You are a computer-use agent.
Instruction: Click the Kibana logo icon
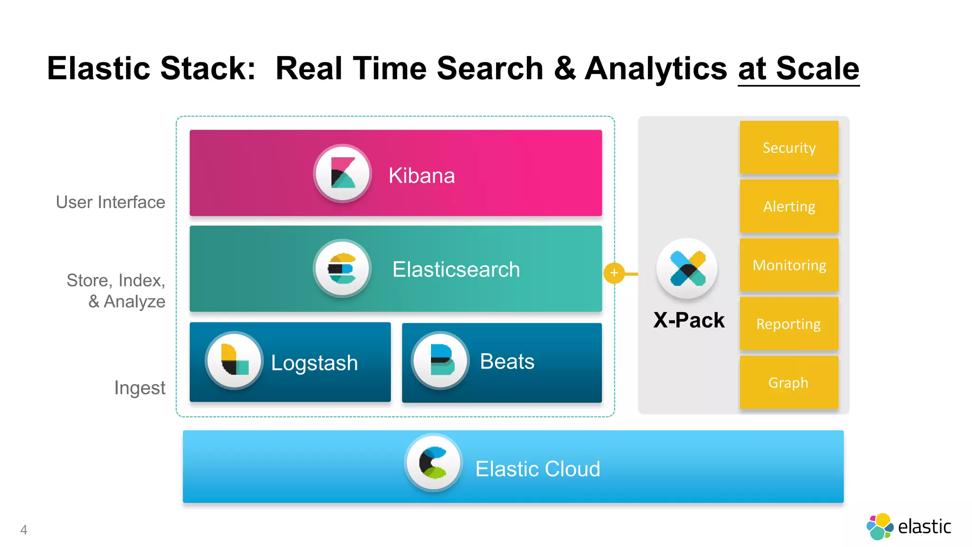click(x=342, y=173)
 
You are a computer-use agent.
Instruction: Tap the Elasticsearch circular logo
click(x=342, y=269)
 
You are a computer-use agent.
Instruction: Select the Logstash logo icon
click(x=234, y=360)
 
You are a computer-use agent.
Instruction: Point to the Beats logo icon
click(x=441, y=360)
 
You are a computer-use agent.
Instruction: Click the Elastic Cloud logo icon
click(x=434, y=462)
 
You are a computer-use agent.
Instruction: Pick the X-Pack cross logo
click(x=687, y=269)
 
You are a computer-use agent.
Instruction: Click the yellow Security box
click(x=789, y=148)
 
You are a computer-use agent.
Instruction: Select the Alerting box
click(x=789, y=207)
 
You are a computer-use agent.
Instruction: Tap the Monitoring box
click(x=789, y=265)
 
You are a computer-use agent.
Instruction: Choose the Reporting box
click(x=789, y=324)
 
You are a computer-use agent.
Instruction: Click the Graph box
click(x=789, y=383)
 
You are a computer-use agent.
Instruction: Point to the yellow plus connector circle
click(x=614, y=273)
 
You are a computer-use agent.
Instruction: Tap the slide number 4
click(x=24, y=530)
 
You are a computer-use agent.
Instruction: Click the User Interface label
click(x=110, y=202)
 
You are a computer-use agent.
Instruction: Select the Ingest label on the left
click(x=140, y=388)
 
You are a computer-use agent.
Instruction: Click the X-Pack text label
click(x=689, y=320)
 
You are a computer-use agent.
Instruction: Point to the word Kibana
click(x=421, y=176)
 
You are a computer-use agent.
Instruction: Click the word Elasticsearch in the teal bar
click(x=456, y=270)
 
